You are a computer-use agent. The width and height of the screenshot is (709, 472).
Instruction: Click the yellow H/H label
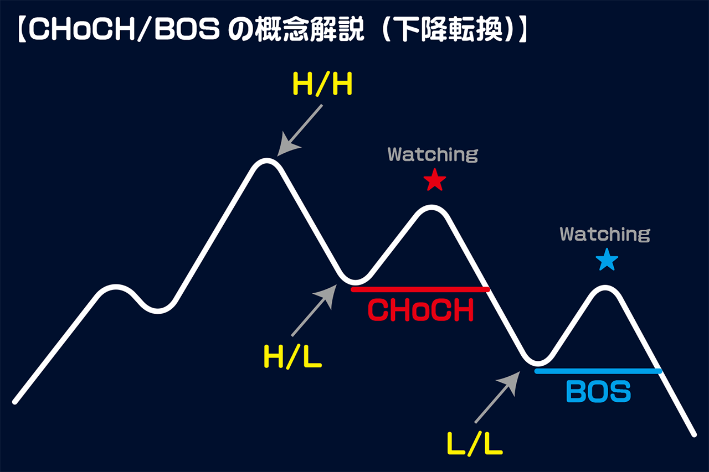pyautogui.click(x=322, y=84)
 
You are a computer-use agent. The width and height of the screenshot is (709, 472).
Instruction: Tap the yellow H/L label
pyautogui.click(x=293, y=356)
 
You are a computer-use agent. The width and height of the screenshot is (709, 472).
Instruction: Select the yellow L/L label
pyautogui.click(x=475, y=444)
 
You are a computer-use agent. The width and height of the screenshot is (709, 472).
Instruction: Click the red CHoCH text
pyautogui.click(x=420, y=310)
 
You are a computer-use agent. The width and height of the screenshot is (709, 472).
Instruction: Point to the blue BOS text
pyautogui.click(x=598, y=392)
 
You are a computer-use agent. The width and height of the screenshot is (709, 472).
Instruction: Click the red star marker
pyautogui.click(x=435, y=180)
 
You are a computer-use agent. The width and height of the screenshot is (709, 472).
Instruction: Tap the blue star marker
pyautogui.click(x=607, y=260)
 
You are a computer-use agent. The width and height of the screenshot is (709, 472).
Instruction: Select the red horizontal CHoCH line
pyautogui.click(x=420, y=289)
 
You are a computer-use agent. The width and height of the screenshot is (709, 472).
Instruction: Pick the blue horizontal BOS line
pyautogui.click(x=598, y=371)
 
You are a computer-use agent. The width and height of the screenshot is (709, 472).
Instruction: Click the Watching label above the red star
pyautogui.click(x=433, y=154)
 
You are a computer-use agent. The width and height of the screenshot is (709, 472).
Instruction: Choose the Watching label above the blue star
pyautogui.click(x=605, y=234)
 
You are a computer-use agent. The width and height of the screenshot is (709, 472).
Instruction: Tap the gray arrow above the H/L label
pyautogui.click(x=314, y=310)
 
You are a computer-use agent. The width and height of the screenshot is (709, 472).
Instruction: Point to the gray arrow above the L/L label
pyautogui.click(x=497, y=397)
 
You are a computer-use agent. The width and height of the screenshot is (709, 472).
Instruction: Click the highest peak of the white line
pyautogui.click(x=266, y=160)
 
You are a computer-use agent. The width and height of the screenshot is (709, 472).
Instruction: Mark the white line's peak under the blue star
pyautogui.click(x=605, y=287)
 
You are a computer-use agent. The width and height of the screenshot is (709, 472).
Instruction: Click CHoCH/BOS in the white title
pyautogui.click(x=124, y=30)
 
